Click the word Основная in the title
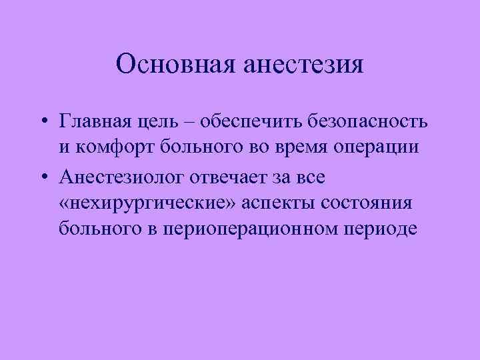click(x=171, y=65)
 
